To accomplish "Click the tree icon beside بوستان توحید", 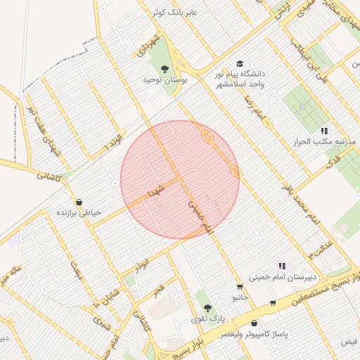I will pos(165,68).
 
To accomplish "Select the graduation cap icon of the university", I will pos(241,63).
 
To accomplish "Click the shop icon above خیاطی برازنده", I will pos(78,202).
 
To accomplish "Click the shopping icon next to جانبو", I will pos(240,287).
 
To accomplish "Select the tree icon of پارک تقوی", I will pos(207,308).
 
